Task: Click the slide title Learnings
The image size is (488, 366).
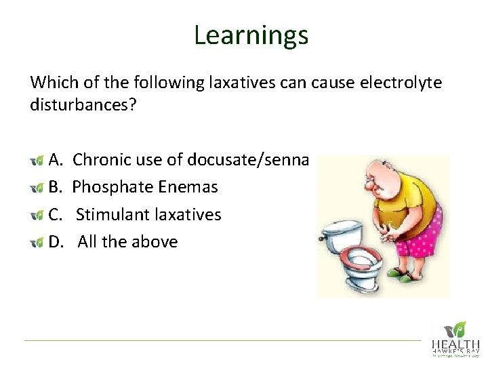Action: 251,35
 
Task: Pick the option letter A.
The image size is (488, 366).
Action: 56,160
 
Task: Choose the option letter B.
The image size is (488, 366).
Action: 56,187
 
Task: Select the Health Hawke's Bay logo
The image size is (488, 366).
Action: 455,339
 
